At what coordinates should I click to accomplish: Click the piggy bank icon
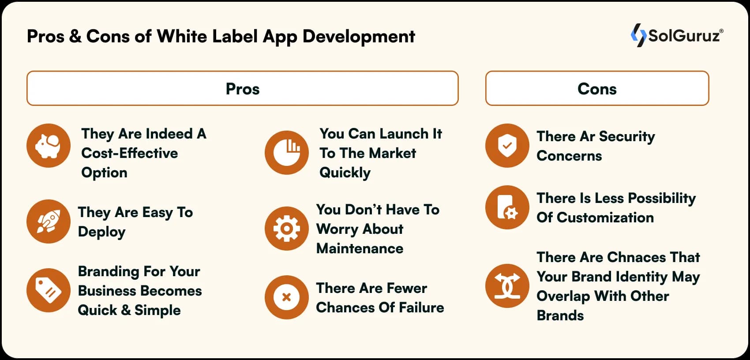click(49, 145)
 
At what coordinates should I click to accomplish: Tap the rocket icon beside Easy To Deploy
click(49, 221)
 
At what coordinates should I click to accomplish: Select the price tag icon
click(49, 290)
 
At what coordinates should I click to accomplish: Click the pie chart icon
click(287, 152)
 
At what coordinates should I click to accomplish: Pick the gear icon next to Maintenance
click(287, 228)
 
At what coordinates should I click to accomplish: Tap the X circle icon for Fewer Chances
click(287, 297)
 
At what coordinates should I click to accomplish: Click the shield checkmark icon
click(507, 145)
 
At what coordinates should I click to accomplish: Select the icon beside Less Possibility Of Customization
click(507, 207)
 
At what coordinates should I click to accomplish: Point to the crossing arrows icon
click(507, 285)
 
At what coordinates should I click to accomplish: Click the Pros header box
click(243, 88)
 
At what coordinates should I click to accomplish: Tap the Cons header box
click(597, 88)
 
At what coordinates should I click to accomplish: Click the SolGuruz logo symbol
click(638, 35)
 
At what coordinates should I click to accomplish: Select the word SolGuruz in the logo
click(684, 36)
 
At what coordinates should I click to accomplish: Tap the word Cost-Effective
click(130, 153)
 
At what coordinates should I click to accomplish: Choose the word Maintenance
click(360, 248)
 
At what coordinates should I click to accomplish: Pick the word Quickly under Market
click(345, 172)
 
